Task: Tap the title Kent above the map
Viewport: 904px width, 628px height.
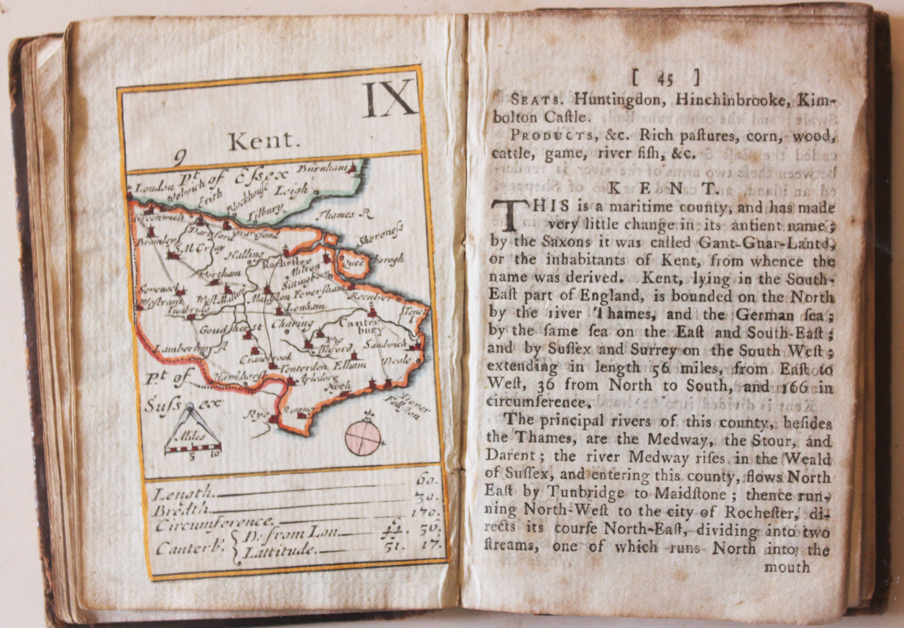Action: pos(262,142)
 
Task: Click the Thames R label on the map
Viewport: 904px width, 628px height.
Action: pos(343,214)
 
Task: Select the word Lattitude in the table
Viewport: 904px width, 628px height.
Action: pos(281,551)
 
